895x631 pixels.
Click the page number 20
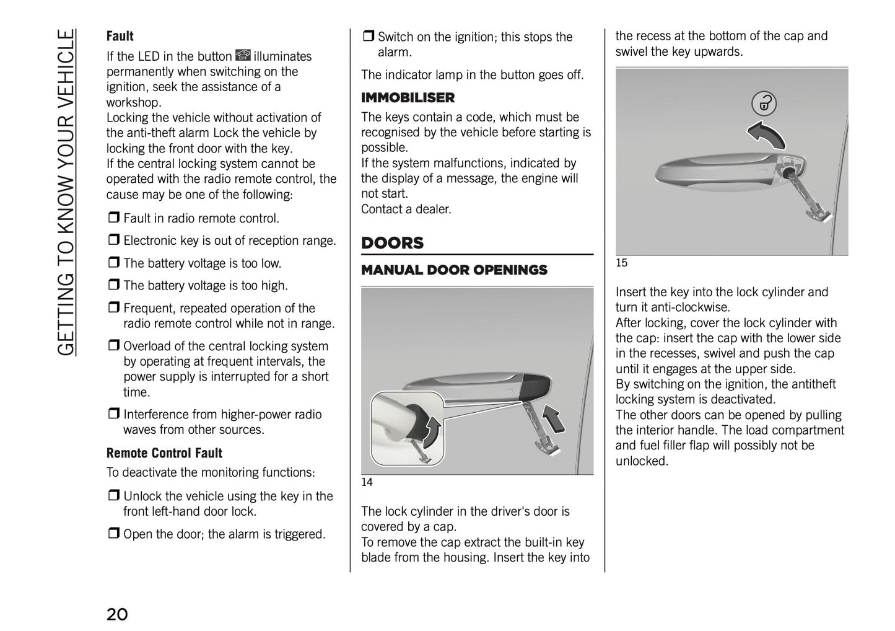click(x=117, y=614)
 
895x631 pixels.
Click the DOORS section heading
click(x=392, y=243)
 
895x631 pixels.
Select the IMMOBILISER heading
click(x=408, y=97)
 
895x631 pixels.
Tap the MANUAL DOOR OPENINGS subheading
click(x=454, y=270)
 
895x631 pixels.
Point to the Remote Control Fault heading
click(x=164, y=453)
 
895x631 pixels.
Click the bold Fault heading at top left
click(x=120, y=36)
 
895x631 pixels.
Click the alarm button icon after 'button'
click(x=242, y=56)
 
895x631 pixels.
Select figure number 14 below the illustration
click(x=367, y=482)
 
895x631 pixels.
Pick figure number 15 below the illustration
click(x=621, y=263)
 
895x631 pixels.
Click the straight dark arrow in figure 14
click(x=554, y=417)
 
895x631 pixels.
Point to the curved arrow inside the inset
click(x=432, y=430)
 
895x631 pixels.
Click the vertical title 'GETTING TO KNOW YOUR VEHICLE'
click(x=66, y=192)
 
